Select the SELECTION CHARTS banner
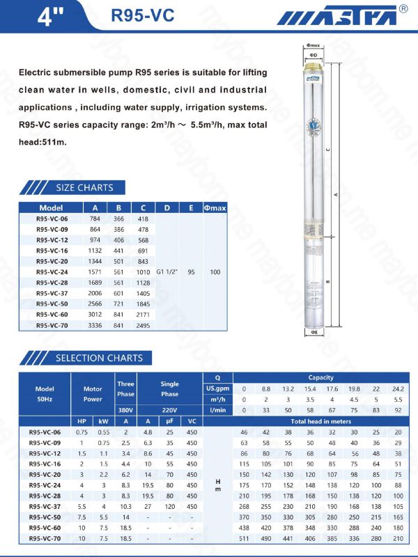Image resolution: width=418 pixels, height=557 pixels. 98,358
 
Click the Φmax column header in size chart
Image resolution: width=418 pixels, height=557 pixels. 215,207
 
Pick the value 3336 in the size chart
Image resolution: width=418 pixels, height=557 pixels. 95,325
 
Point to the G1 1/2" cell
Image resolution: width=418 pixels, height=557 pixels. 167,272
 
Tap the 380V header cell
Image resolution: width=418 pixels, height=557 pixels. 125,410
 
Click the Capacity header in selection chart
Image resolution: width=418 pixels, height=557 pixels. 320,377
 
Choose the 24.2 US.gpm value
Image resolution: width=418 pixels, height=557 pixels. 398,388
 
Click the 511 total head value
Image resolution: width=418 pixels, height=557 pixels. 244,538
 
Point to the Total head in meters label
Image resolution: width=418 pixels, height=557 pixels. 320,421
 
